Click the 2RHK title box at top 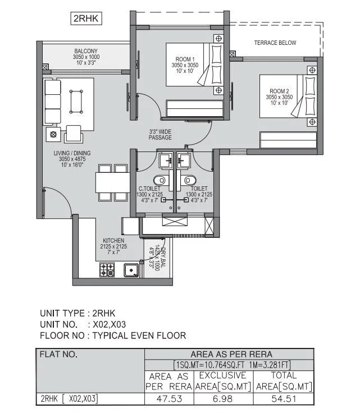click(86, 19)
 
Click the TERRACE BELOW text click(275, 43)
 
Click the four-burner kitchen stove click(107, 270)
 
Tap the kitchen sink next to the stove click(131, 270)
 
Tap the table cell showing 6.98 click(223, 400)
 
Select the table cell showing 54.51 click(284, 400)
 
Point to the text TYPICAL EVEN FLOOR click(139, 336)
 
